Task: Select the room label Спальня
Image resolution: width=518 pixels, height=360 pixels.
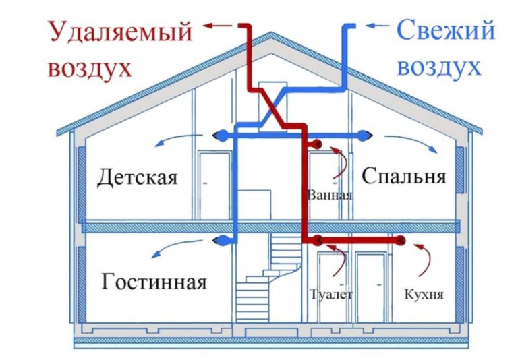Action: [x=403, y=176]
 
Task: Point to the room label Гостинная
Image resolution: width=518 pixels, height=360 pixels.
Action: [x=154, y=280]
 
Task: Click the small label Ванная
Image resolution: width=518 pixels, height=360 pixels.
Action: [x=329, y=196]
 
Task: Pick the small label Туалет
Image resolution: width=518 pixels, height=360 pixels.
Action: [x=330, y=295]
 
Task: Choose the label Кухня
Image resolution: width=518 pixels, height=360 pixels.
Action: [x=423, y=295]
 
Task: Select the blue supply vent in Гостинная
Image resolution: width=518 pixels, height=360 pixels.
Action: [x=222, y=239]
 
